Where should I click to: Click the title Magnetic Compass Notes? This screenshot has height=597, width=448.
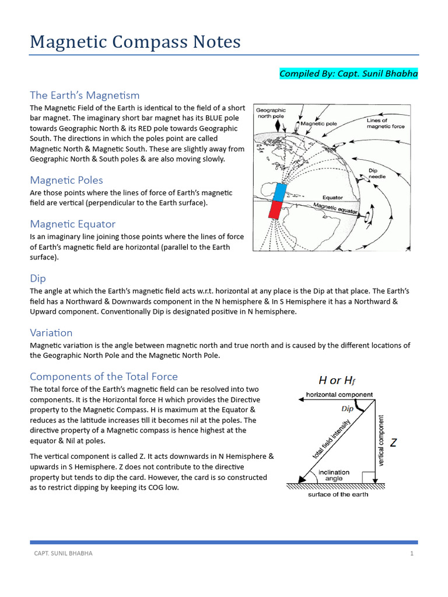[135, 43]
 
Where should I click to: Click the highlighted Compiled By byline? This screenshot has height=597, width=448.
[348, 73]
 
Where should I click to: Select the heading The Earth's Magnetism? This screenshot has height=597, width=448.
[85, 95]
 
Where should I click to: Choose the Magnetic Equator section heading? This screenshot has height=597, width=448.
[72, 224]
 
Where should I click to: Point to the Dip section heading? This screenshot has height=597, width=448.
[38, 279]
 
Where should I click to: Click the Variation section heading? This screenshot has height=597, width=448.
[51, 333]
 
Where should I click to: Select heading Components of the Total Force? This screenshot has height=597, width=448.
[103, 377]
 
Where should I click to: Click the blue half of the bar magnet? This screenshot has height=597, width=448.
[281, 192]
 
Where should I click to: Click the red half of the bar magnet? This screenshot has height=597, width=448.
[275, 209]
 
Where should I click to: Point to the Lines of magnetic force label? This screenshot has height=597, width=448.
[385, 123]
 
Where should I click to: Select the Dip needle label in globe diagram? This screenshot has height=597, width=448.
[376, 174]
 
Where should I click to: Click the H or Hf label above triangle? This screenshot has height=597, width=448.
[337, 381]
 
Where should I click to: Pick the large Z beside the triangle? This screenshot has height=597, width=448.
[393, 443]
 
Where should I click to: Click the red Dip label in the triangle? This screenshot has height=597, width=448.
[348, 409]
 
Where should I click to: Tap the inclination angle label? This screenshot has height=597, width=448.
[334, 475]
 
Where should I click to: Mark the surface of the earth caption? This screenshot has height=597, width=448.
[338, 494]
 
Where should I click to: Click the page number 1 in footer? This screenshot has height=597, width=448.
[411, 553]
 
